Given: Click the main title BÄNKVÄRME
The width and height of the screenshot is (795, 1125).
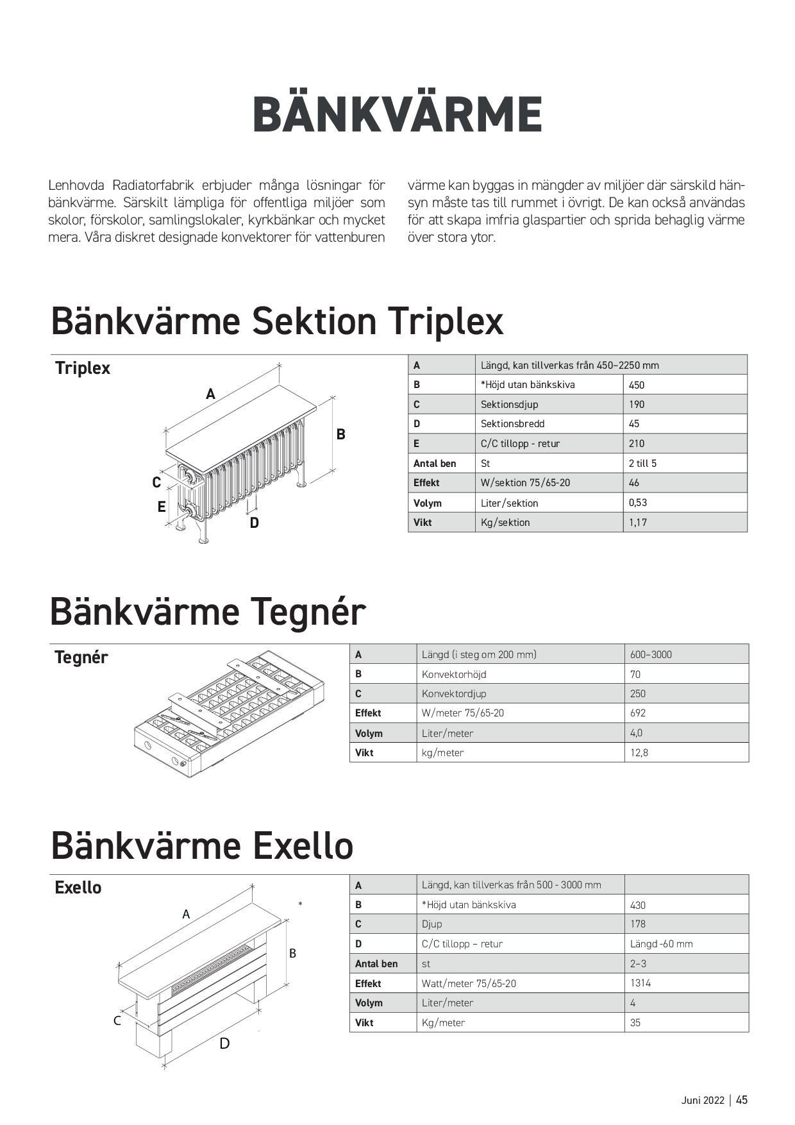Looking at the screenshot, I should coord(397,115).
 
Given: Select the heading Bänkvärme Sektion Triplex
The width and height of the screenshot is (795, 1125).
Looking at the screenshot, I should coord(277,321).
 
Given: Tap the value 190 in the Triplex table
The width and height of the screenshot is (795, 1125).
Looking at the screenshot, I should coord(637,405).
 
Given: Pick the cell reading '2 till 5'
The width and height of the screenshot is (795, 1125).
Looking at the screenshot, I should coord(642,464).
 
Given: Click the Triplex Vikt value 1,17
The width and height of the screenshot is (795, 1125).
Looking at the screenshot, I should coord(638,523).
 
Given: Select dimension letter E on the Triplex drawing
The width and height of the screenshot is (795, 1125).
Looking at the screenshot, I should coord(162,507).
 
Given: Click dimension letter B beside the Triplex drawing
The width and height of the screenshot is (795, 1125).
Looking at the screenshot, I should coord(341,434).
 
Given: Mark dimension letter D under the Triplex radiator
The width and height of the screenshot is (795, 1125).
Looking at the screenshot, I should coord(255,523).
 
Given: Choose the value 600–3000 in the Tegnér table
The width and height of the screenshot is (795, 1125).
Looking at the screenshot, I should coord(651,655).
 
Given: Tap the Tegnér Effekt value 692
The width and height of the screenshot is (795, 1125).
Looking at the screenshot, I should coord(638,713).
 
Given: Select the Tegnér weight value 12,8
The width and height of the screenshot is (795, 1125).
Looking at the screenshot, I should coord(639,753).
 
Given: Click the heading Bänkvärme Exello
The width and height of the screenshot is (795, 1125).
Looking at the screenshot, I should coord(202,845).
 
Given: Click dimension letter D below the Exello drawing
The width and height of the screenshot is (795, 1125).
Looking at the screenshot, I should coord(224,1044).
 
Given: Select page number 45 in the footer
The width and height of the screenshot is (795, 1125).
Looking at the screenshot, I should coord(742,1100).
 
